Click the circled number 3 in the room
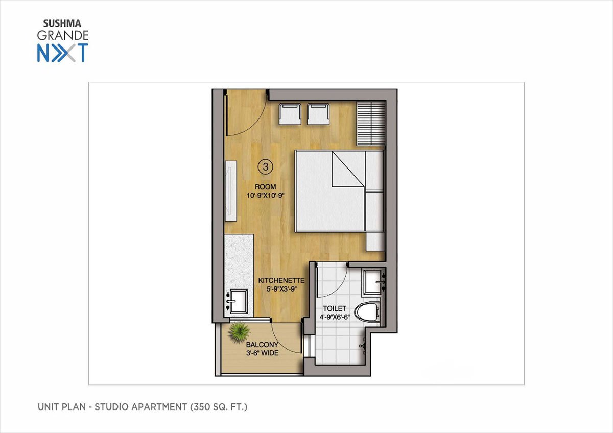265,166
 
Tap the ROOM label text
265,187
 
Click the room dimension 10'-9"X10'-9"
266,196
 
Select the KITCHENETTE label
281,281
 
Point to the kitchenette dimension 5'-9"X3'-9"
281,289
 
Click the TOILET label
335,308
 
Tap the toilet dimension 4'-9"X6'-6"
335,317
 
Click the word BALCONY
262,345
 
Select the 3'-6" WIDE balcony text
262,353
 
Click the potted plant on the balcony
239,332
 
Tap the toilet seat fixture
367,313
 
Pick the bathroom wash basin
372,282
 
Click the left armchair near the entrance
290,114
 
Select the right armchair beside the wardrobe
318,114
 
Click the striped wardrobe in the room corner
371,124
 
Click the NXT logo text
63,53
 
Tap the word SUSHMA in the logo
62,24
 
